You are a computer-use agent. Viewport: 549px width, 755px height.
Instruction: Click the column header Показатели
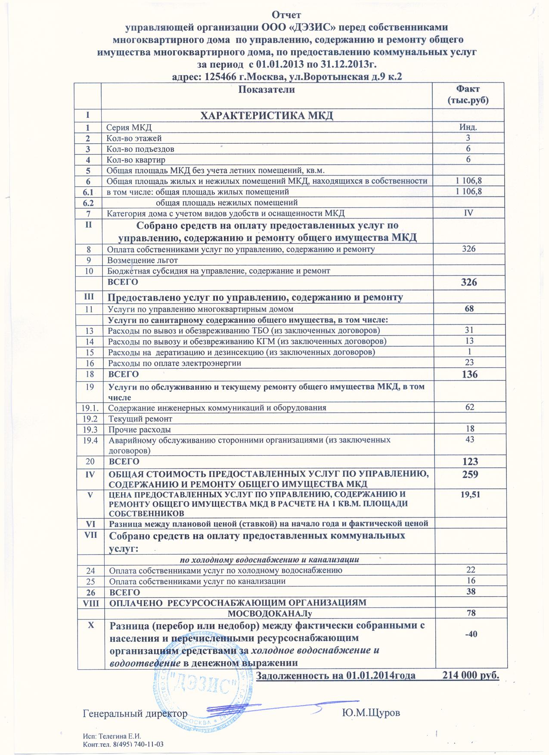tap(267, 89)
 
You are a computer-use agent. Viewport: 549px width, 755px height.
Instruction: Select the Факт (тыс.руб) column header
tap(468, 95)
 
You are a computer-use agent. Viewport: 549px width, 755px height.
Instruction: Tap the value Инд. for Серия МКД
tap(468, 127)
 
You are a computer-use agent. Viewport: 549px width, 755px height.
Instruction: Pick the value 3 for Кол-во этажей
tap(468, 138)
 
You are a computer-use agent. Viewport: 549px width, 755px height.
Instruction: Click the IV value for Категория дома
tap(468, 213)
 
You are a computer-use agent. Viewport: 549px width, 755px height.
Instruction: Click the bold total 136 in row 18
tap(469, 374)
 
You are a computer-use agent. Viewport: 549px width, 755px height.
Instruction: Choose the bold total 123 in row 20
tap(470, 462)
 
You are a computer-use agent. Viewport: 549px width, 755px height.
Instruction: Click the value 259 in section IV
tap(470, 475)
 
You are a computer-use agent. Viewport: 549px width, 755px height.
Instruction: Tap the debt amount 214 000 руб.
tap(471, 675)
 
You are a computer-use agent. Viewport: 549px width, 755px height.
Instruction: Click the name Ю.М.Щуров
tap(371, 713)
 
